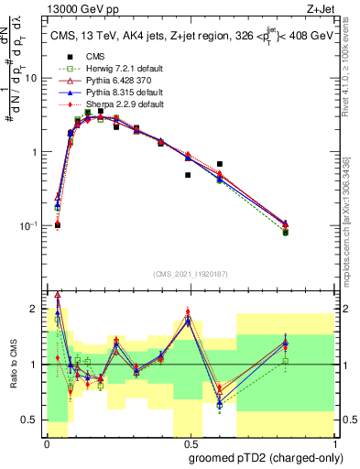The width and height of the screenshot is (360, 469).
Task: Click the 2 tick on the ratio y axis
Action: [38, 309]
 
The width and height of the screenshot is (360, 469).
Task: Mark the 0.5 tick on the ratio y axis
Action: [34, 420]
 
